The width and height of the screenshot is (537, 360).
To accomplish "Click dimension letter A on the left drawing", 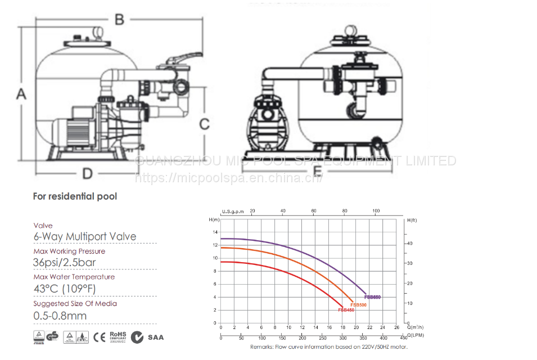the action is pos(21,94).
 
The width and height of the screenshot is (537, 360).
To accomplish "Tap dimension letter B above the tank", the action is pos(119,20).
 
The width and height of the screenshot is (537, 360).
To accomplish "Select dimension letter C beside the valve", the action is pos(205,124).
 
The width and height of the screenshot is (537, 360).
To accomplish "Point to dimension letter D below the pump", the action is pos(87,174).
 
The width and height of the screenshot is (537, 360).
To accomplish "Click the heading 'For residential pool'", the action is pos(75,197).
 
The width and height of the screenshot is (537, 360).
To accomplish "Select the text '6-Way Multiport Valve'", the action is pos(85,236).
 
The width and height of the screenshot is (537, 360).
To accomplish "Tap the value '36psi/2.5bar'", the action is pos(65,262).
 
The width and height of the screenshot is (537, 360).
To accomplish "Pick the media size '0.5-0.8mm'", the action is pos(60,316).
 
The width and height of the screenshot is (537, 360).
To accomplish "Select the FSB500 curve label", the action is pos(358,304).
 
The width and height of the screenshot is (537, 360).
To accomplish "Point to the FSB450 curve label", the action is pos(346,310).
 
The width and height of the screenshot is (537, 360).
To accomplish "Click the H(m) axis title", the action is pos(213,219).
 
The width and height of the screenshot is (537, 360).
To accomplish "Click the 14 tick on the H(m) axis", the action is pos(214,232).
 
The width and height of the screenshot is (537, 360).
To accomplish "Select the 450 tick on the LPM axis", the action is pos(403,337).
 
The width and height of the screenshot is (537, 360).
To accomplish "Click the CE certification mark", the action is pos(100,337).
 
